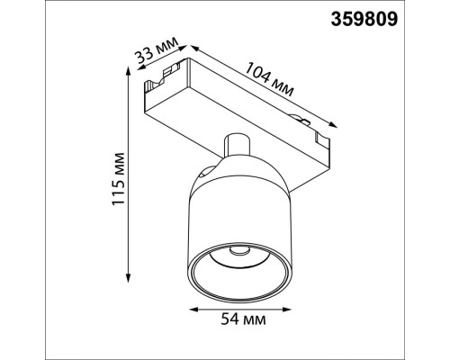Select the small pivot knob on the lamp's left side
point(207,168)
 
